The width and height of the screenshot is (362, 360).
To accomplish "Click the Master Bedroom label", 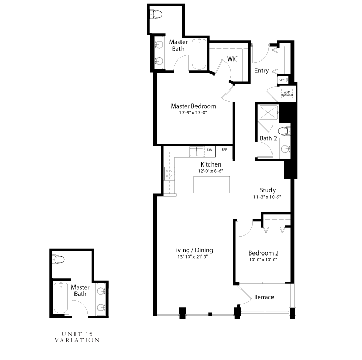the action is tap(193, 106).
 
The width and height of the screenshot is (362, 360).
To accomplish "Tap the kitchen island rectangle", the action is tap(212, 185).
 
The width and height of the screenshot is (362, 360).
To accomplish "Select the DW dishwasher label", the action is tap(209, 150).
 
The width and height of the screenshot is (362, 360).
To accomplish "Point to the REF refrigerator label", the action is tap(224, 149).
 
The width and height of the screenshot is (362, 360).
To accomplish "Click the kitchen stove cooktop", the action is tap(170, 173).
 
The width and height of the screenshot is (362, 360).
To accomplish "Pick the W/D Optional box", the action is tap(286, 94).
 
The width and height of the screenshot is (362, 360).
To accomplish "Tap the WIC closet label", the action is tap(232, 59).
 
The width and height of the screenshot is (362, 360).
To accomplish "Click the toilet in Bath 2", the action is tap(284, 131).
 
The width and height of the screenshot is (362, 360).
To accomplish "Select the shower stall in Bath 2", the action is tap(268, 113).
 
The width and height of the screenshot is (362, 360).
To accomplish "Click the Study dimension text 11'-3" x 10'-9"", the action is tap(267, 197).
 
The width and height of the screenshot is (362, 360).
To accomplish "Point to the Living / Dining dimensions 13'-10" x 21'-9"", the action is tap(193, 257).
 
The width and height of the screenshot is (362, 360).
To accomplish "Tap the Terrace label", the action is tap(264, 297).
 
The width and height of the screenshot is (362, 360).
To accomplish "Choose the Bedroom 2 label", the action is tap(263, 253).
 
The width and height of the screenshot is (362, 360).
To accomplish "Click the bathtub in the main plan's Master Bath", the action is tap(199, 54).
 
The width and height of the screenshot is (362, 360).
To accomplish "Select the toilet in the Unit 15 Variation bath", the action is tap(58, 260).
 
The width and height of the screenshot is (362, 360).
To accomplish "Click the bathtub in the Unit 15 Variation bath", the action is tap(61, 298).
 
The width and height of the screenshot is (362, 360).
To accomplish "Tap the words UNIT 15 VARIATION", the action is tap(78, 337).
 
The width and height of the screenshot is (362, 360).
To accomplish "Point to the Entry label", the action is tap(262, 71).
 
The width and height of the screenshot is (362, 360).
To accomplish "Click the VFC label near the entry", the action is tap(282, 80).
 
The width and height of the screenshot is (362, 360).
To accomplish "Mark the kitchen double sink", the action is tap(197, 152).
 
